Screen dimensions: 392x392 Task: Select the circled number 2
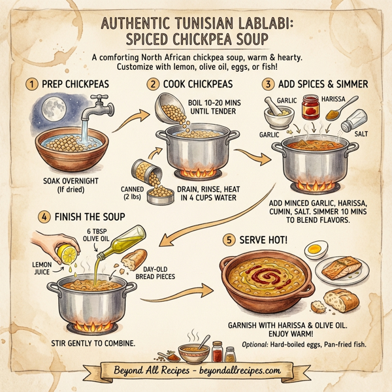[154, 84]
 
